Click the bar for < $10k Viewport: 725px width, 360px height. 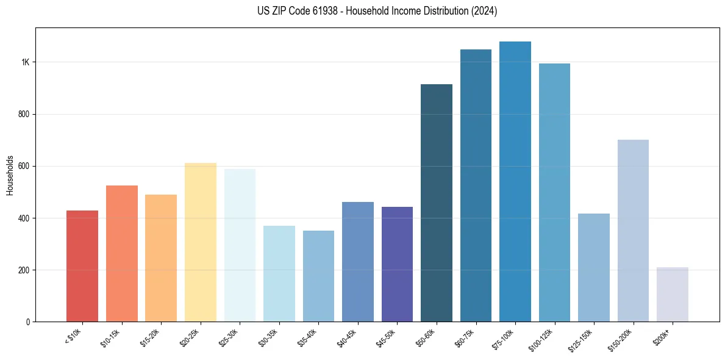click(x=82, y=266)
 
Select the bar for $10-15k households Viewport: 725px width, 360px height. click(x=121, y=253)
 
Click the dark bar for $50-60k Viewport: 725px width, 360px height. click(x=437, y=203)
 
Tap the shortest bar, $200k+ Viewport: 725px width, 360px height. click(x=673, y=294)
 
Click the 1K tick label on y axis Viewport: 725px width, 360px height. click(x=25, y=62)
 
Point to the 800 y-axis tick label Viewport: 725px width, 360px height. click(x=23, y=114)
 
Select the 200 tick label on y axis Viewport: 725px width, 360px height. click(x=23, y=270)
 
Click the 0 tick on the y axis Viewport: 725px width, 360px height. click(x=27, y=322)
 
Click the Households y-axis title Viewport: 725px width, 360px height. click(x=10, y=175)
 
